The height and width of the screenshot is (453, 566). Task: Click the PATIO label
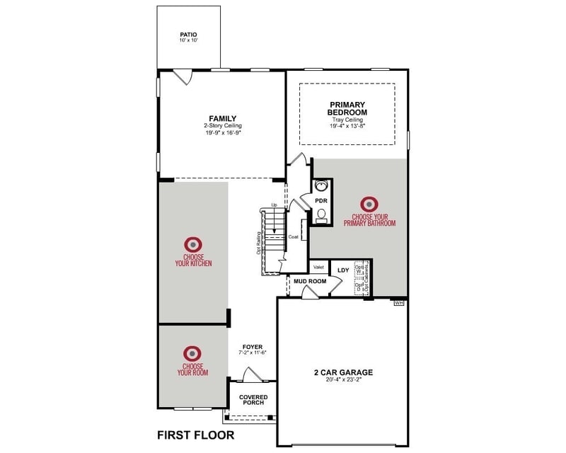click(188, 34)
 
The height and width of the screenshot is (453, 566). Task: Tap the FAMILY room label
click(222, 118)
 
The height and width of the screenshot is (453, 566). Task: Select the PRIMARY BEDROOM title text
click(347, 108)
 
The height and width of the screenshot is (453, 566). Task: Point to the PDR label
click(320, 201)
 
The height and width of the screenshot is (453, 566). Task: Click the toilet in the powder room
click(322, 217)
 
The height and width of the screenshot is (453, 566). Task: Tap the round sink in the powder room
click(321, 187)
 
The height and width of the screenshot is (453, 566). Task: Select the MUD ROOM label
click(310, 281)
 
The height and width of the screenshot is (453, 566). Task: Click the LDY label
click(343, 270)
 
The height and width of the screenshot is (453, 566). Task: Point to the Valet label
click(318, 267)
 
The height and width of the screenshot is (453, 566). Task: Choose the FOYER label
click(252, 347)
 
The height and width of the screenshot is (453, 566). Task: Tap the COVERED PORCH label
click(252, 400)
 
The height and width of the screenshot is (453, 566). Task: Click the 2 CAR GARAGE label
click(343, 372)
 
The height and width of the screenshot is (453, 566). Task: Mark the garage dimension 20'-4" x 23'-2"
click(343, 380)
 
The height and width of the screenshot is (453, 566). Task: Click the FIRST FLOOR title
click(195, 435)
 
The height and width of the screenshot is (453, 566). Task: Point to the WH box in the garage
click(398, 303)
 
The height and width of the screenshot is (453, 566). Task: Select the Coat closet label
click(294, 236)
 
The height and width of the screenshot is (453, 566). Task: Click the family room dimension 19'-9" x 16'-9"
click(222, 132)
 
